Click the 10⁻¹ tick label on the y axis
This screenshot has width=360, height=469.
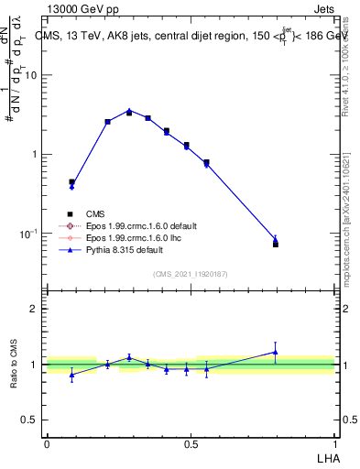click(30, 234)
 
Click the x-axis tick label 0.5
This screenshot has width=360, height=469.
click(191, 443)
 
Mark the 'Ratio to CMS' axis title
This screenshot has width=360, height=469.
click(14, 364)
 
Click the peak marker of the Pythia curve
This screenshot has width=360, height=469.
click(129, 111)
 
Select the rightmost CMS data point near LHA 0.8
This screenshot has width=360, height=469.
click(276, 244)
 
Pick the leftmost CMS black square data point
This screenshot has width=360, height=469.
click(71, 181)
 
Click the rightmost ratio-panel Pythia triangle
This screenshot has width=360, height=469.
click(276, 352)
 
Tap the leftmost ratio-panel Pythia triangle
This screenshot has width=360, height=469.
click(71, 374)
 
